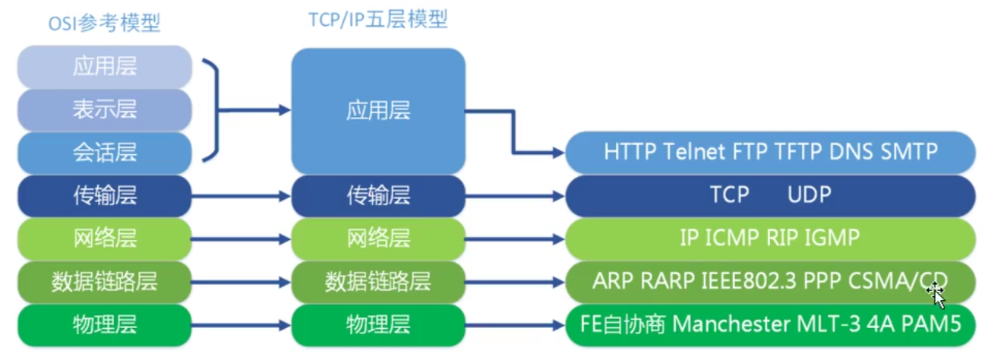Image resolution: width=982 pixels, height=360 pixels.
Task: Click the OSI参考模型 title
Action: [104, 23]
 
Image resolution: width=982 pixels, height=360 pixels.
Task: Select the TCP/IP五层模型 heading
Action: [378, 20]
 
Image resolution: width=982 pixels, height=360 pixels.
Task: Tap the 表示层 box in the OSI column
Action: [105, 109]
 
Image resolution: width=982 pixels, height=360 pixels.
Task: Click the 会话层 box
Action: [105, 153]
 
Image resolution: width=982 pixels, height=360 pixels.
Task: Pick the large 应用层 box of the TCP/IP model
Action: [378, 111]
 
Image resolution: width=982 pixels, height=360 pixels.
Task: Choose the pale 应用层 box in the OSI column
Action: [105, 67]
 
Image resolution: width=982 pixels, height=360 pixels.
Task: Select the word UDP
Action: [809, 194]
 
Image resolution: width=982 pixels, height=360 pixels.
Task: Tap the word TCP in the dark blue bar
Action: [730, 194]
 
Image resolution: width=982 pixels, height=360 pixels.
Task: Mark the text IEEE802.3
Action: [749, 281]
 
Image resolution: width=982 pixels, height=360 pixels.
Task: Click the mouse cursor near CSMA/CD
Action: [936, 295]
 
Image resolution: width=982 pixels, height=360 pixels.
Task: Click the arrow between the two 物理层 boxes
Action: [241, 326]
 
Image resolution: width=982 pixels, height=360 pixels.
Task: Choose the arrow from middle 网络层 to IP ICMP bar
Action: [515, 239]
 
